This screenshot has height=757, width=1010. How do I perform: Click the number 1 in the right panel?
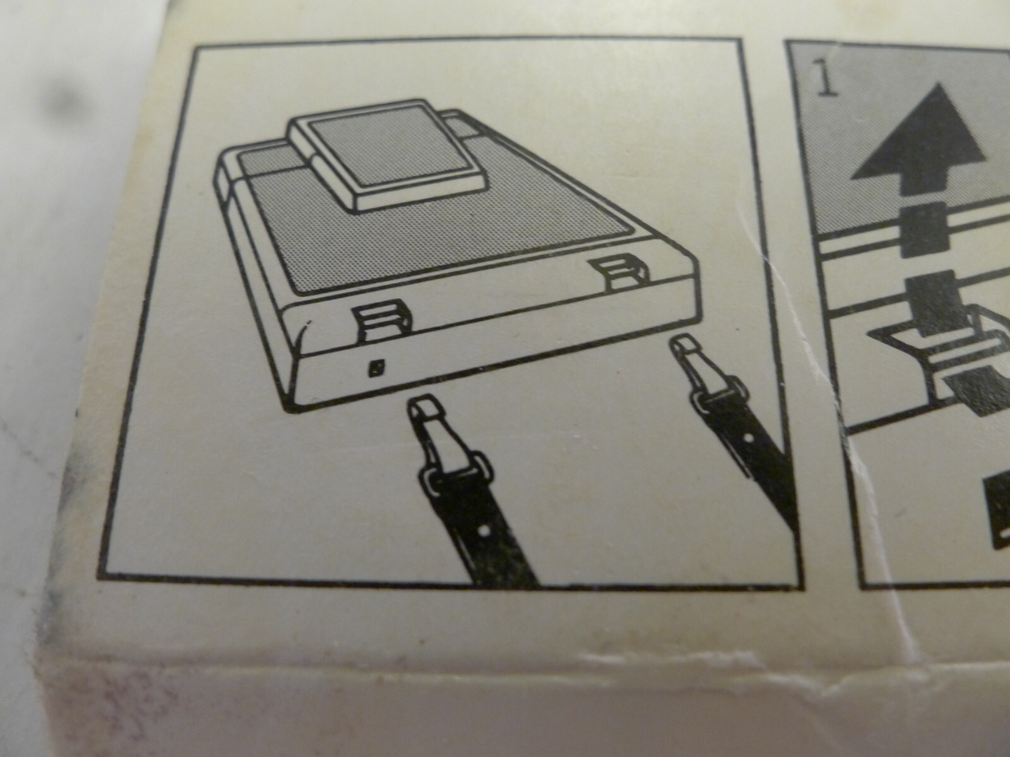point(827,81)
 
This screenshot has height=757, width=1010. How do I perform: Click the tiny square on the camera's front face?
point(377,367)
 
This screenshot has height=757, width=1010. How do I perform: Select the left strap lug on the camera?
point(383,322)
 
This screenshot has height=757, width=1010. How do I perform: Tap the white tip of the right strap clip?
point(684,346)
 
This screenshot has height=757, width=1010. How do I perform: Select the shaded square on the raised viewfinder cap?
point(396,151)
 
